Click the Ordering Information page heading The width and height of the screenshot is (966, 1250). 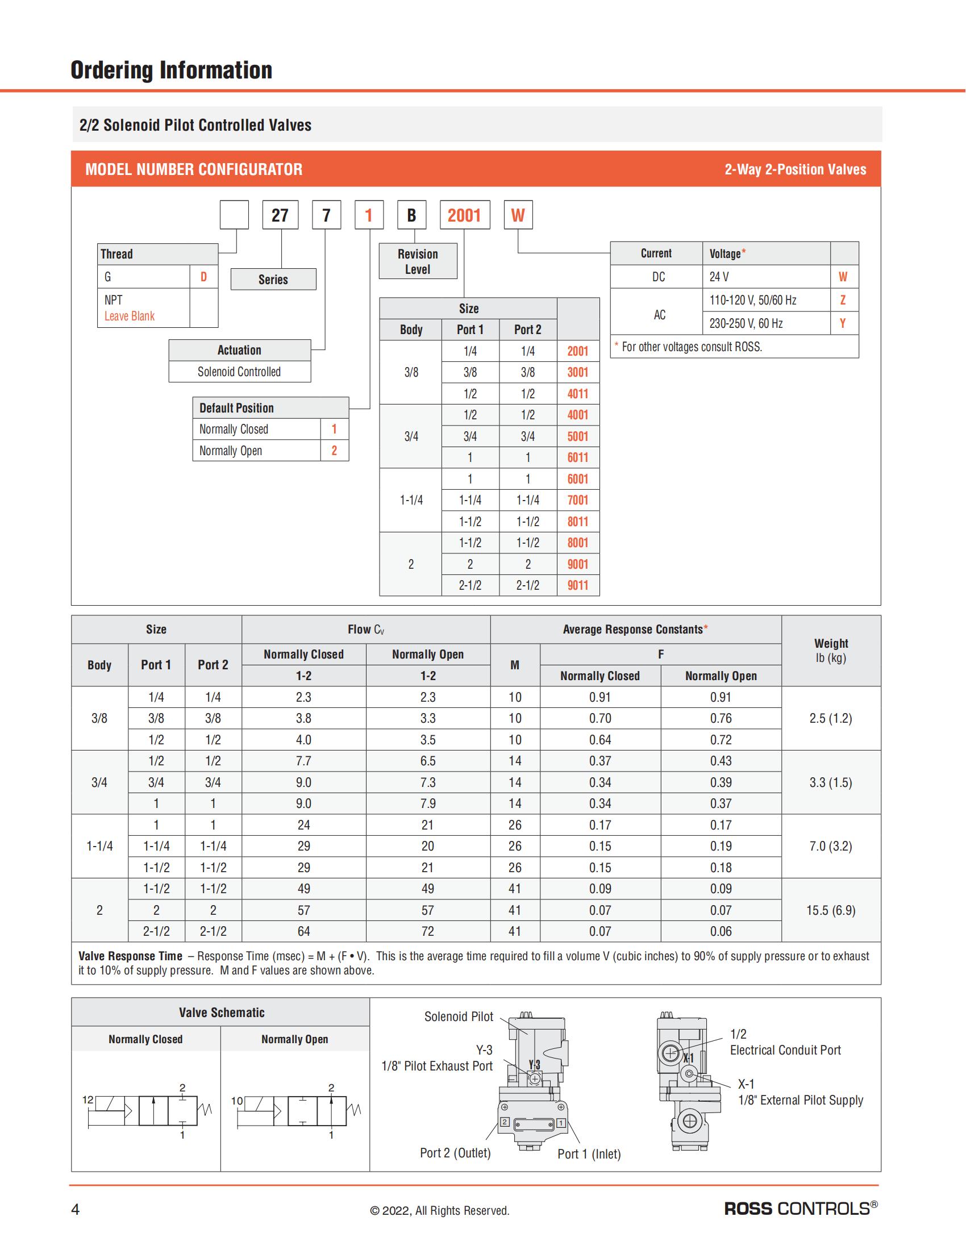click(x=171, y=70)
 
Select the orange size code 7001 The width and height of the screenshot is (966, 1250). click(x=577, y=500)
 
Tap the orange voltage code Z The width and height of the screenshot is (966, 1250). click(x=842, y=300)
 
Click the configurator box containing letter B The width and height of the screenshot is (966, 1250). click(x=411, y=215)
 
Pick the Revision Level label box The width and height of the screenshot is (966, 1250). click(x=418, y=261)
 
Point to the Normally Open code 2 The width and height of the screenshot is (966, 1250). click(x=334, y=451)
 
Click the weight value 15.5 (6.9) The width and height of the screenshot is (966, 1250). click(x=830, y=910)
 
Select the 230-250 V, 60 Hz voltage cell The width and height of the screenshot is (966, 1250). click(x=746, y=323)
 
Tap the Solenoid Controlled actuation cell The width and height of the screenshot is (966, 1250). click(x=239, y=372)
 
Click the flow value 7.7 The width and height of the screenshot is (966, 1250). click(x=303, y=761)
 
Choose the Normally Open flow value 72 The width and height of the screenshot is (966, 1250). click(x=427, y=931)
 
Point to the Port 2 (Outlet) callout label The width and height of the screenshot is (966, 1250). click(x=455, y=1153)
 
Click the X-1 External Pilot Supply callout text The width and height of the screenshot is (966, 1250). click(x=800, y=1092)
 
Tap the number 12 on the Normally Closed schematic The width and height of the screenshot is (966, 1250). click(x=88, y=1099)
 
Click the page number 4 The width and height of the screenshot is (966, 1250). click(x=75, y=1209)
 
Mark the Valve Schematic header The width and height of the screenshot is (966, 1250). click(x=222, y=1013)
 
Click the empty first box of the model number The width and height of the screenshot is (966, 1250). click(x=235, y=215)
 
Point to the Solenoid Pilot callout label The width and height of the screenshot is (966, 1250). click(x=459, y=1016)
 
